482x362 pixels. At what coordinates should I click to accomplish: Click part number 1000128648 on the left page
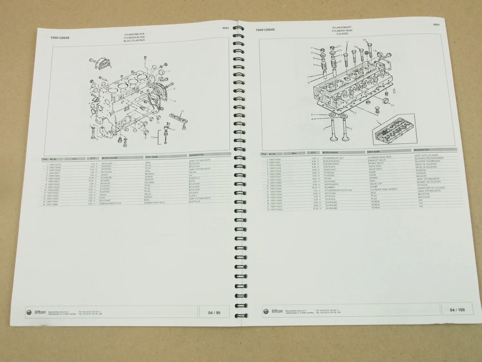click(x=60, y=38)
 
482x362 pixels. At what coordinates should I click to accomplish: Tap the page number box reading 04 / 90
click(x=214, y=312)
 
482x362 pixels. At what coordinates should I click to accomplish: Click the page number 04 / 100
click(x=457, y=310)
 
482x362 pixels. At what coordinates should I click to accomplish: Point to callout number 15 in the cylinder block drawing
click(x=182, y=111)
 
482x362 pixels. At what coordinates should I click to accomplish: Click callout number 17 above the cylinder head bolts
click(x=347, y=42)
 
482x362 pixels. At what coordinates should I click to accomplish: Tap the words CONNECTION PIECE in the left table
click(x=155, y=203)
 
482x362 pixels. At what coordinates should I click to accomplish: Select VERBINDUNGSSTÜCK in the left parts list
click(x=110, y=204)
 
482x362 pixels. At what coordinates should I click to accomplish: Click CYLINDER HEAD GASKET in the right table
click(x=384, y=190)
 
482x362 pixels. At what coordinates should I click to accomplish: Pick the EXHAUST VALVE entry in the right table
click(x=377, y=160)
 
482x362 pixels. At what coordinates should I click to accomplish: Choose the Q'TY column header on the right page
click(x=313, y=153)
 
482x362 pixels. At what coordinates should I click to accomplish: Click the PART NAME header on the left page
click(x=151, y=157)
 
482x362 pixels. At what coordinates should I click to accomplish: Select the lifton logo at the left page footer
click(x=37, y=312)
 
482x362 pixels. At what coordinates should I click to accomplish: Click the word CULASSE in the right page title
click(x=342, y=33)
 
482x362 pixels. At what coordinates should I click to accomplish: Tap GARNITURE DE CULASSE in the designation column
click(x=431, y=188)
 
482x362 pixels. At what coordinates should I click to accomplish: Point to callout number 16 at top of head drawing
click(x=364, y=40)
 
